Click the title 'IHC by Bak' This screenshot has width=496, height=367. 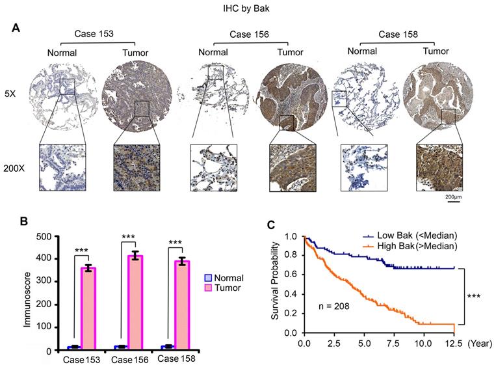click(248, 8)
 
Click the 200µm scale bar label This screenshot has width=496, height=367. click(452, 195)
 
